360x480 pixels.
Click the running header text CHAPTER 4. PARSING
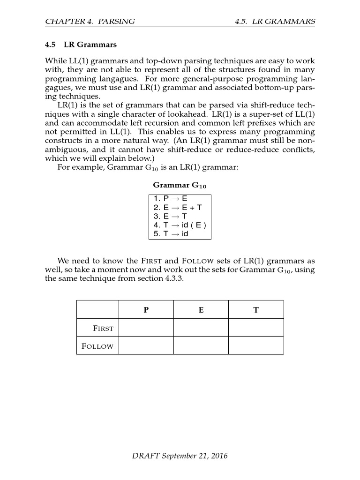click(90, 22)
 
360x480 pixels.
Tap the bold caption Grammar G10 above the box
click(180, 186)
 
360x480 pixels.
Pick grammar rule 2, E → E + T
click(177, 207)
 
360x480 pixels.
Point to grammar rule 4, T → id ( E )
click(179, 225)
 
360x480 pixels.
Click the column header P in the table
click(146, 310)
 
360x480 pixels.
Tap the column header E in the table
click(201, 310)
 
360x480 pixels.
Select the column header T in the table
click(256, 310)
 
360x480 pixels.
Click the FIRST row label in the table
click(103, 328)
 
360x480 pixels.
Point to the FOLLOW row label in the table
click(97, 346)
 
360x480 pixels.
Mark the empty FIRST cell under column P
click(146, 328)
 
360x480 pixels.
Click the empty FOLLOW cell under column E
click(201, 345)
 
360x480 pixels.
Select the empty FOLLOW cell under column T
click(256, 345)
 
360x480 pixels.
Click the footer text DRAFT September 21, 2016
click(180, 456)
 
